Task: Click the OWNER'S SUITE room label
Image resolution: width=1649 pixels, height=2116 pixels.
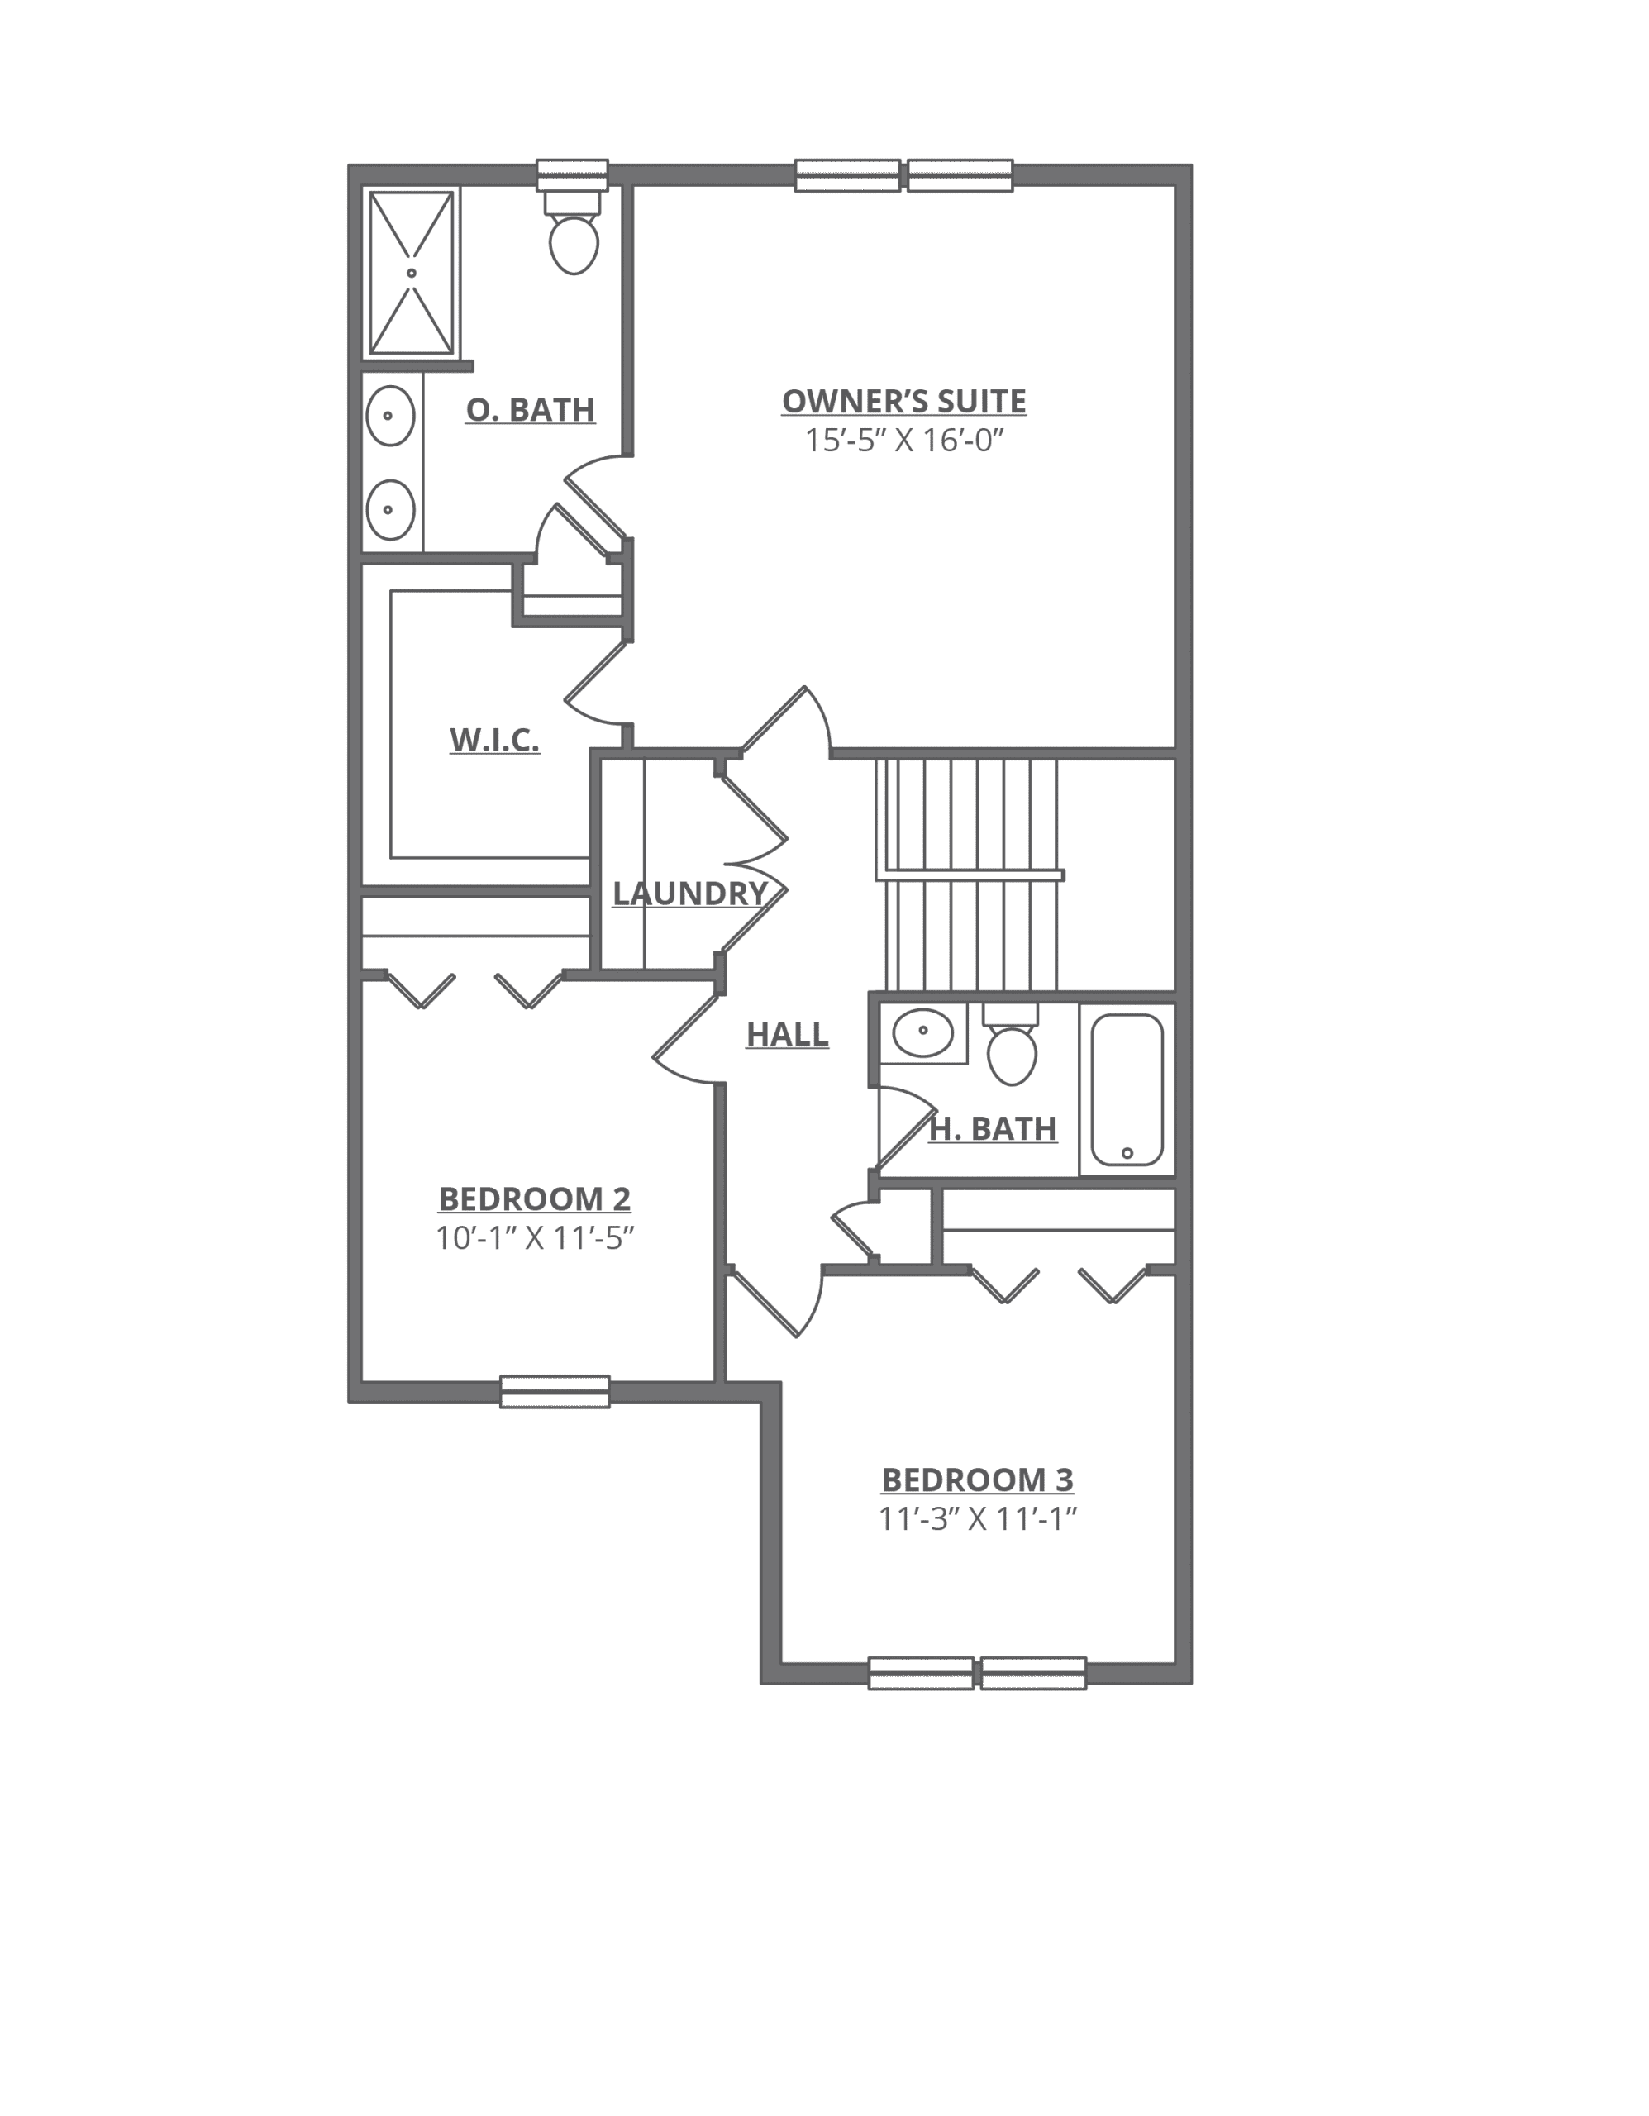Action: (x=904, y=402)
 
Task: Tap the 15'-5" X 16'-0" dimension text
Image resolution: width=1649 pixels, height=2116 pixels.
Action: (x=904, y=442)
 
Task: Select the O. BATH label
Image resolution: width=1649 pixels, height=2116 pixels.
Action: (x=530, y=410)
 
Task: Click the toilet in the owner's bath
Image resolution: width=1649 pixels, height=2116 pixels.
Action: (x=574, y=242)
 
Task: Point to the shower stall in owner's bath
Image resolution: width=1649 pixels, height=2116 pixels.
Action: (x=412, y=274)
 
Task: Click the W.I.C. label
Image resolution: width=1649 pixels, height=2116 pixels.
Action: (x=494, y=741)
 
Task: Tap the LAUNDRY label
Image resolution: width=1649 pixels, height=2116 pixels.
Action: (x=688, y=894)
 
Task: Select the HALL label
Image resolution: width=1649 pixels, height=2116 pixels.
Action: (x=787, y=1036)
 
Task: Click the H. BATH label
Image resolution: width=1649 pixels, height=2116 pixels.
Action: (x=993, y=1130)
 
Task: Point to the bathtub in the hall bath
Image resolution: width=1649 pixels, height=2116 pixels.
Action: (x=1127, y=1089)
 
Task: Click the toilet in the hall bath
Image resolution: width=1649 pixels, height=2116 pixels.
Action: (x=1012, y=1054)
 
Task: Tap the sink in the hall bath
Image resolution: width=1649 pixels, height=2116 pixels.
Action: (x=922, y=1034)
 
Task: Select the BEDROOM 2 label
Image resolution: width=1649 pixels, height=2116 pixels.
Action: (x=535, y=1199)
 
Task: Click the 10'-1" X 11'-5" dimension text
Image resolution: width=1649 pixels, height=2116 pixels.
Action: (x=535, y=1238)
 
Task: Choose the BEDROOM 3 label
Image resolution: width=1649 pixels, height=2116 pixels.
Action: (x=978, y=1480)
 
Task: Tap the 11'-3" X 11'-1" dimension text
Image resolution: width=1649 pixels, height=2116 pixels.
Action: (x=978, y=1519)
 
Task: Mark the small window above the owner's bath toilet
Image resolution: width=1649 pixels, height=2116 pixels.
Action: (x=573, y=175)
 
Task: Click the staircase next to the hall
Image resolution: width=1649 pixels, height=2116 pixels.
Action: (x=969, y=872)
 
